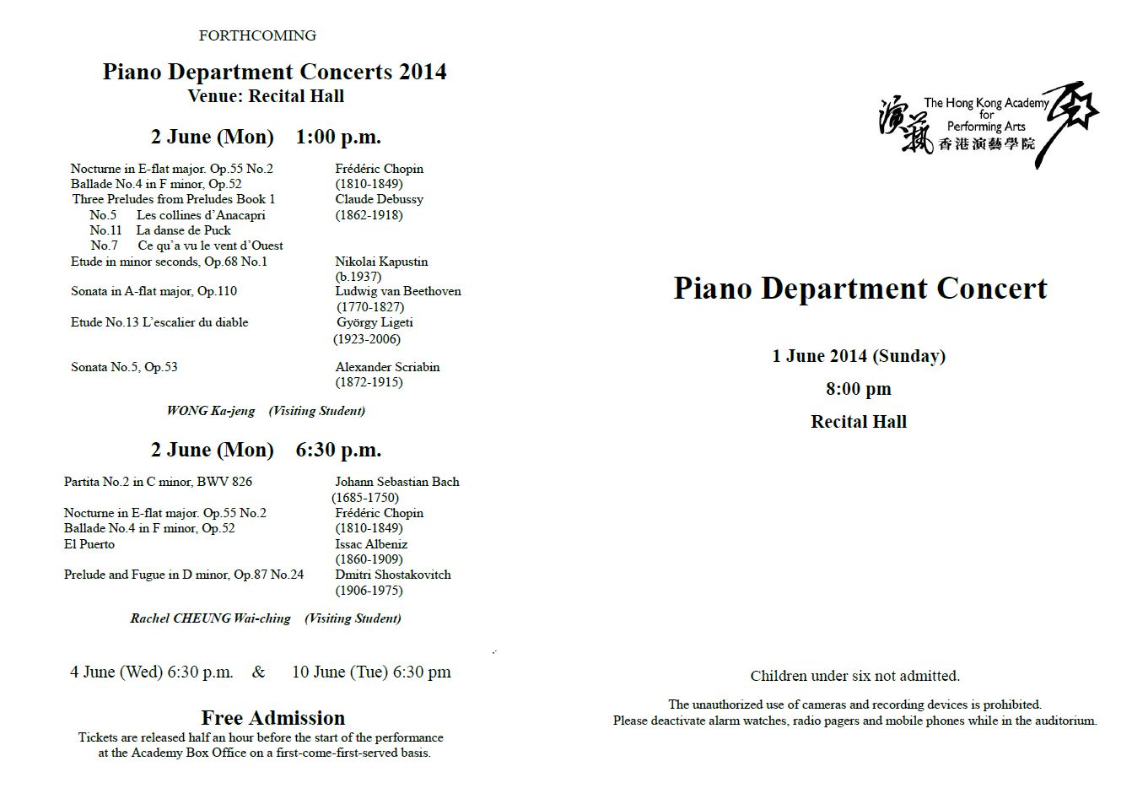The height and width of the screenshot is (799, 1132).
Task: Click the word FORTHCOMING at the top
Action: (x=257, y=35)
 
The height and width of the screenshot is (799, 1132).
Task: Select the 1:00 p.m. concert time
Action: (x=338, y=137)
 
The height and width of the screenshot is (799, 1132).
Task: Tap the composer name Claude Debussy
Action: (x=379, y=199)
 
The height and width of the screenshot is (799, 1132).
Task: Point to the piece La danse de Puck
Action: (x=183, y=230)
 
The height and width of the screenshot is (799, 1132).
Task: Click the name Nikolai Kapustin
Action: (x=381, y=262)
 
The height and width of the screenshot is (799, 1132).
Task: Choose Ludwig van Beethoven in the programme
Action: (x=398, y=291)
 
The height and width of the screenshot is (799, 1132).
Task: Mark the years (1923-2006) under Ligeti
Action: (x=367, y=339)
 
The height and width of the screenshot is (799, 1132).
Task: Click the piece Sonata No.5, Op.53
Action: (x=124, y=367)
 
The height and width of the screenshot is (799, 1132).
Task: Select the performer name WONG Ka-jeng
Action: (x=211, y=411)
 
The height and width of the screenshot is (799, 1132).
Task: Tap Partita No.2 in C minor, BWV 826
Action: (x=158, y=482)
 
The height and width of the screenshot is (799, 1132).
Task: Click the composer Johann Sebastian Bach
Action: (x=397, y=482)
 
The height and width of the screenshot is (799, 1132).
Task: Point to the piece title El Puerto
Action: (x=89, y=544)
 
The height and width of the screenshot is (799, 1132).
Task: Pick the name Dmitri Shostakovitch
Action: (x=393, y=575)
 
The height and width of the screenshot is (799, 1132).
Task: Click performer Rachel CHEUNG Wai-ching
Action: (x=210, y=618)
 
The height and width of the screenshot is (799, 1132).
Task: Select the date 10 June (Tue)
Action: (x=340, y=672)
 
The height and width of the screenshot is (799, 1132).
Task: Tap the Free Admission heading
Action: (x=273, y=718)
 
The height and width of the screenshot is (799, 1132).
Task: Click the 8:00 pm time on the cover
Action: (x=859, y=389)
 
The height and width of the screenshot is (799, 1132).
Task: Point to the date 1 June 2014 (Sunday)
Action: (x=859, y=356)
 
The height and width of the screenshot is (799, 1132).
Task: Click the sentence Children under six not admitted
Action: (x=855, y=676)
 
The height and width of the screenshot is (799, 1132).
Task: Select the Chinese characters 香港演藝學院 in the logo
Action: (x=986, y=144)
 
